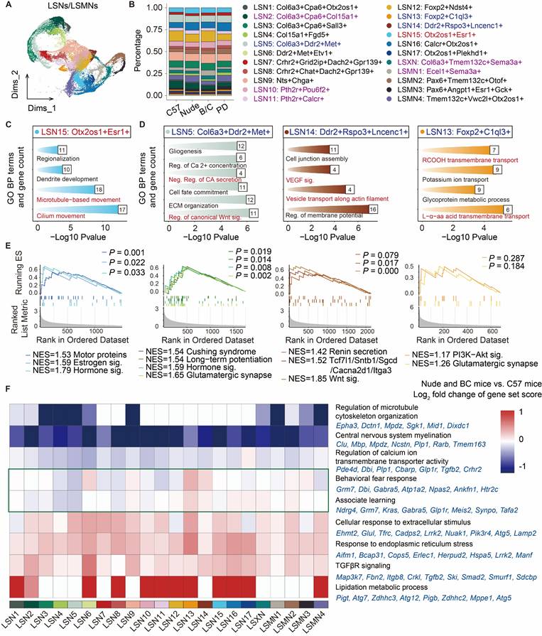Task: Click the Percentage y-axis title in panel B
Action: pyautogui.click(x=111, y=53)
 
